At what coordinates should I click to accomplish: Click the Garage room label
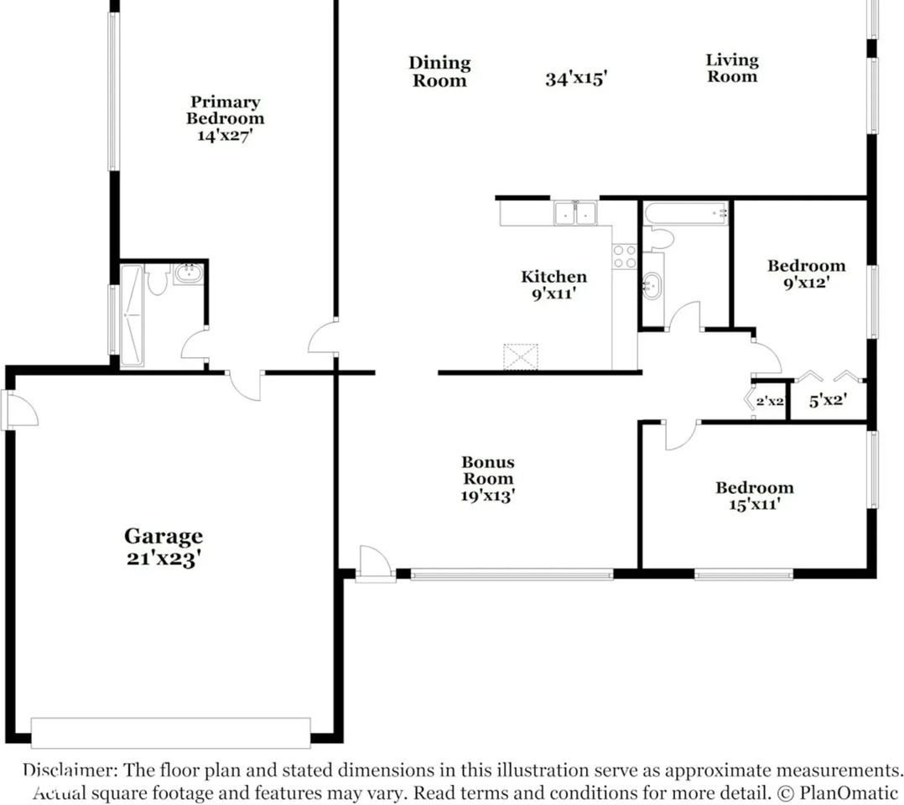(x=164, y=536)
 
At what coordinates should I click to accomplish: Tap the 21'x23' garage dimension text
(x=164, y=558)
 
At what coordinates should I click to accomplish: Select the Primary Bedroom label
(x=225, y=110)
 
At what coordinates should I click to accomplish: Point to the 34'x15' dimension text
(x=576, y=80)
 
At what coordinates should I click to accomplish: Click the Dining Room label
(x=439, y=71)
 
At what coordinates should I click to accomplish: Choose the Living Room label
(x=732, y=68)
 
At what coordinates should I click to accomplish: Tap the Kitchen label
(x=554, y=277)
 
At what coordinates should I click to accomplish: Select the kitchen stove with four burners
(x=625, y=257)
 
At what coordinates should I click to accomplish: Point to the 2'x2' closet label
(x=770, y=402)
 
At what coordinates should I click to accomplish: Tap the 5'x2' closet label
(x=827, y=401)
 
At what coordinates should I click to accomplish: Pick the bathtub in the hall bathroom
(x=686, y=213)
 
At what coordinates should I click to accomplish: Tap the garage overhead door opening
(x=170, y=732)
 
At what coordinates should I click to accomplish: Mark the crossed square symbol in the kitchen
(x=521, y=356)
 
